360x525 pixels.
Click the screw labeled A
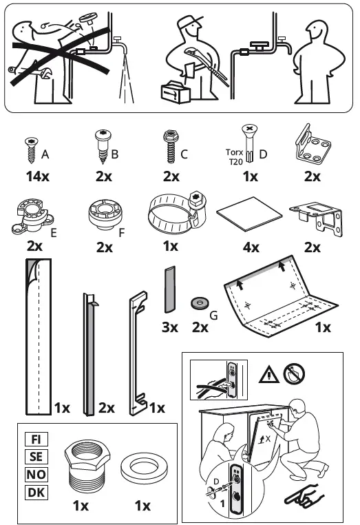point(30,147)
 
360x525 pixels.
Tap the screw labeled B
point(101,147)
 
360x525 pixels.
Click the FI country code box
point(35,440)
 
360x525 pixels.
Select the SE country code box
point(35,457)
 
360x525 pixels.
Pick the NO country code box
point(35,474)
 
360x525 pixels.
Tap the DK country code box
point(35,492)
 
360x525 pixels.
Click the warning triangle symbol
point(268,374)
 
